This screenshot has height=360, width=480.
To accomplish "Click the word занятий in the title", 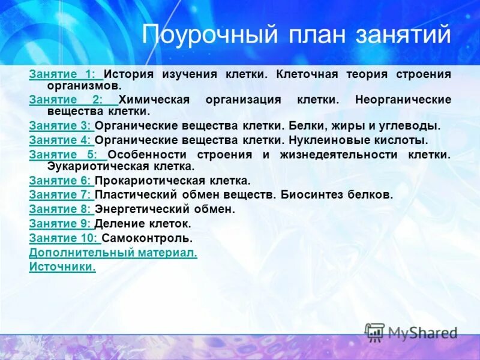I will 409,35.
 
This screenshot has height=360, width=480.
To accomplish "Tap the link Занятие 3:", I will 60,126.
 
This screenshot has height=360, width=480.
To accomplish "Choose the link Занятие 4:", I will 60,140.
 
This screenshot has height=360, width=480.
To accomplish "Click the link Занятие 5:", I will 65,154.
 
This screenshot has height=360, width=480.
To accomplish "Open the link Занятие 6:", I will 60,180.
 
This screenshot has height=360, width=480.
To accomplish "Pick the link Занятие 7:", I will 60,194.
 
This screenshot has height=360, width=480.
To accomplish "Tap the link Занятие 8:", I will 60,209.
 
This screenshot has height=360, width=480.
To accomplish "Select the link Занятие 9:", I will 60,224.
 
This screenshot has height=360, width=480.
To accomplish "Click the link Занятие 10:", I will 62,238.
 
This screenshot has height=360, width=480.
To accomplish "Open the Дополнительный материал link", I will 113,253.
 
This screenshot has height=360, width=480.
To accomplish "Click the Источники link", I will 62,267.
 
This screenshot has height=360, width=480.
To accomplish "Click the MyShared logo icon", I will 374,332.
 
